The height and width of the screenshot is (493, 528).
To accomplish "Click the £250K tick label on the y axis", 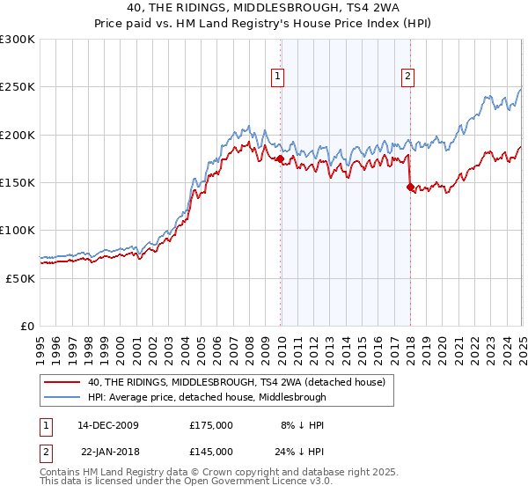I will pyautogui.click(x=17, y=87).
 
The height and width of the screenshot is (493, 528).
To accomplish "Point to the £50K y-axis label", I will pyautogui.click(x=20, y=277).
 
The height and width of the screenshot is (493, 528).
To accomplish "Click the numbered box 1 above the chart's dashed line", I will pyautogui.click(x=278, y=77).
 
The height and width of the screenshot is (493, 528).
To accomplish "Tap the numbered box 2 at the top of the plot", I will pyautogui.click(x=408, y=77).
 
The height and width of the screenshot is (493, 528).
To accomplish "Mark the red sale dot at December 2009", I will pyautogui.click(x=280, y=159).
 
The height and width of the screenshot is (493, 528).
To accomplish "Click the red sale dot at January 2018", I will pyautogui.click(x=410, y=187).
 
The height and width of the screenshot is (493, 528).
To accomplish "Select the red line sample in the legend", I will pyautogui.click(x=63, y=383).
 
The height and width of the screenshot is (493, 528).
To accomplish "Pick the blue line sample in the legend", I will pyautogui.click(x=63, y=397).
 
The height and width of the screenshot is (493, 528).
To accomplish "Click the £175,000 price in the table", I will pyautogui.click(x=211, y=424).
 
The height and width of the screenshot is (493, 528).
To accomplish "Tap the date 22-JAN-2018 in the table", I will pyautogui.click(x=109, y=453).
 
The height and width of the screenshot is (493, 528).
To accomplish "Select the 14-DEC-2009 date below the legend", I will pyautogui.click(x=109, y=424).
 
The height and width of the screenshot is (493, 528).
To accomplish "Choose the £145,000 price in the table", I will pyautogui.click(x=211, y=453).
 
